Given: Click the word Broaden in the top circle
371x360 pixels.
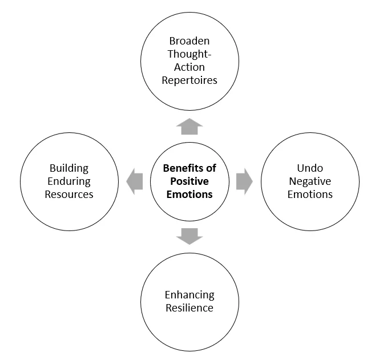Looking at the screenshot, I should (x=189, y=41).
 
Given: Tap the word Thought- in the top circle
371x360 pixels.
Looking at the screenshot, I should (x=189, y=54).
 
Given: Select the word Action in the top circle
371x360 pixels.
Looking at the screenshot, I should (x=189, y=67).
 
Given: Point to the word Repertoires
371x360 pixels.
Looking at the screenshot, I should (x=189, y=80).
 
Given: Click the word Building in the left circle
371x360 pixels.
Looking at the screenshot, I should (x=69, y=168).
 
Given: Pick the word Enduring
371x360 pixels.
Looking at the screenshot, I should (x=69, y=181).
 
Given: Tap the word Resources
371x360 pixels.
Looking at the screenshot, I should (x=69, y=195).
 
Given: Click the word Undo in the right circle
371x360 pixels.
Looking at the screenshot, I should (x=310, y=168).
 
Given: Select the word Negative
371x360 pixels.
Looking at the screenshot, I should (x=310, y=181).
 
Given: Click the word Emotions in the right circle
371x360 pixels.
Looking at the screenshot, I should (x=310, y=195).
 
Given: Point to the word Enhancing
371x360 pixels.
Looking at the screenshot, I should (x=189, y=295).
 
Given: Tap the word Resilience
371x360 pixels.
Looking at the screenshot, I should (x=189, y=308).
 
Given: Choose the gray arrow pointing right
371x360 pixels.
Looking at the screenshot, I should (x=244, y=181).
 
